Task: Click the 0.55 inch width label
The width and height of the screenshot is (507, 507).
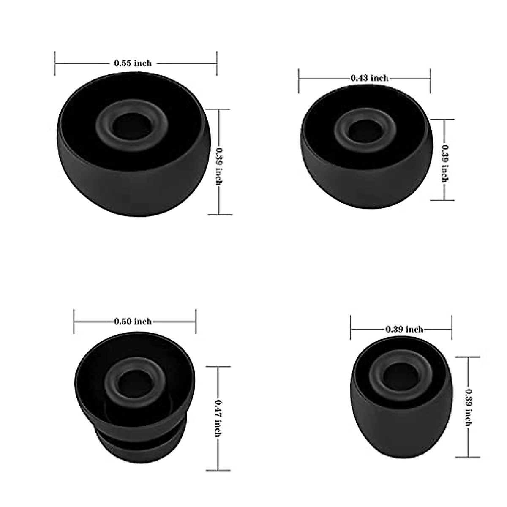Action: [x=133, y=63]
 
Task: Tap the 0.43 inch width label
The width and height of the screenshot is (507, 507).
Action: [x=369, y=78]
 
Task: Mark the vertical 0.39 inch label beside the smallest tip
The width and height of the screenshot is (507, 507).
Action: [x=468, y=407]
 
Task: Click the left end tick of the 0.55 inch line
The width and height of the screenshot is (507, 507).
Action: [x=55, y=63]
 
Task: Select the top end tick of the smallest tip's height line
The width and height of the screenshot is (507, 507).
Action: [x=468, y=357]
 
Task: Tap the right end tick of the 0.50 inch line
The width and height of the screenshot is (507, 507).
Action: [x=196, y=322]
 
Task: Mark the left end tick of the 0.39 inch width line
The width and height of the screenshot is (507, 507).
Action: [x=351, y=328]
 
